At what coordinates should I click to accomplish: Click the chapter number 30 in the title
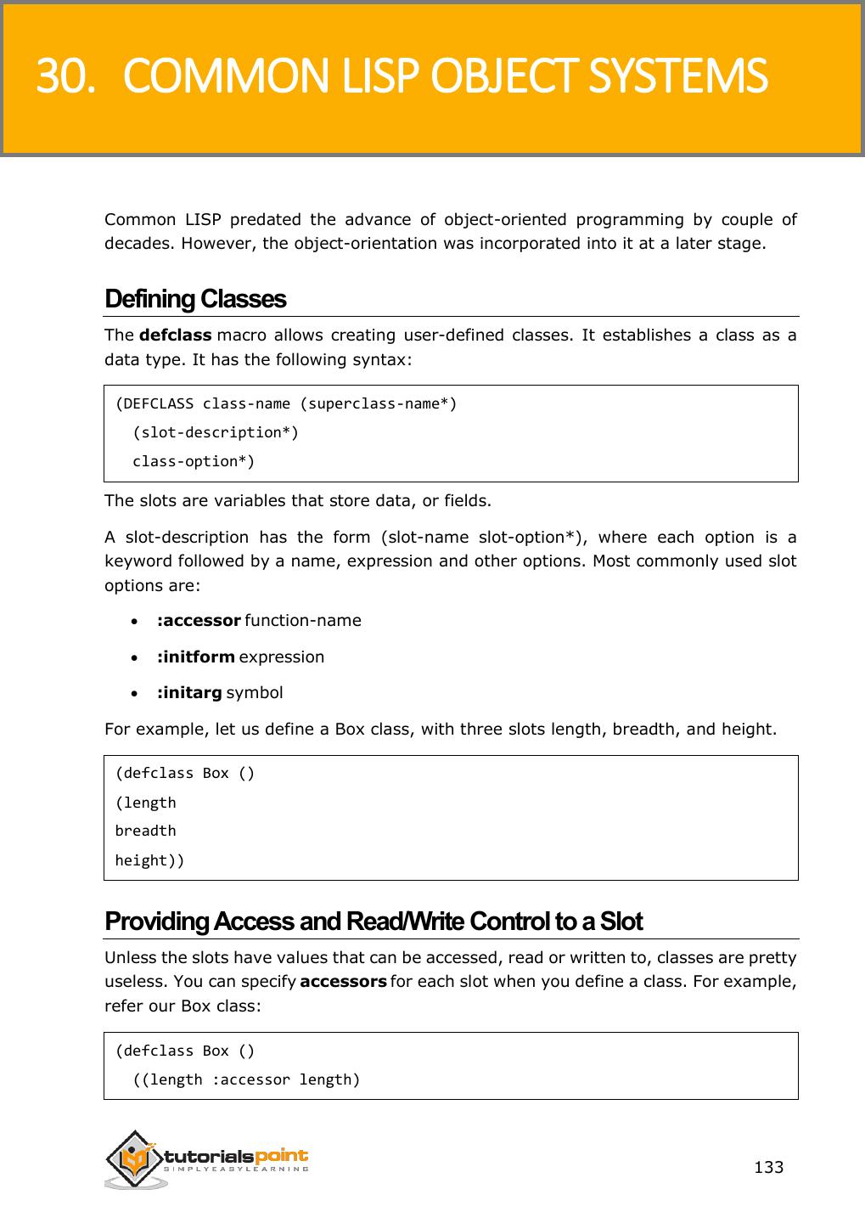60,77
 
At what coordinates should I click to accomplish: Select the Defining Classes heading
195,300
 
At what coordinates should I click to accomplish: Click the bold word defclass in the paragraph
175,335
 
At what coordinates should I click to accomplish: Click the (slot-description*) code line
216,432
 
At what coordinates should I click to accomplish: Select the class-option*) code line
194,461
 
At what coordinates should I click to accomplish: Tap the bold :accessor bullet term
199,620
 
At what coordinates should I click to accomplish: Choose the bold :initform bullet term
195,657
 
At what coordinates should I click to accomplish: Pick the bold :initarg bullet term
189,692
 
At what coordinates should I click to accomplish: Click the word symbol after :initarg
255,692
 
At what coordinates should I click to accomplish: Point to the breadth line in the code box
146,831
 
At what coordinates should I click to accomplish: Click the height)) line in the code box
149,860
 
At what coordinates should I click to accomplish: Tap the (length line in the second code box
146,803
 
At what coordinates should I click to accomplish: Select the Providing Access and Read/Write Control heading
374,921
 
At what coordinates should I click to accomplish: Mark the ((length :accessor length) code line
246,1079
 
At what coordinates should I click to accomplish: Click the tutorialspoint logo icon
134,1159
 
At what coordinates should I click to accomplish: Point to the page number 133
769,1167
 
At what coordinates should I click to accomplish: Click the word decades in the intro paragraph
132,245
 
